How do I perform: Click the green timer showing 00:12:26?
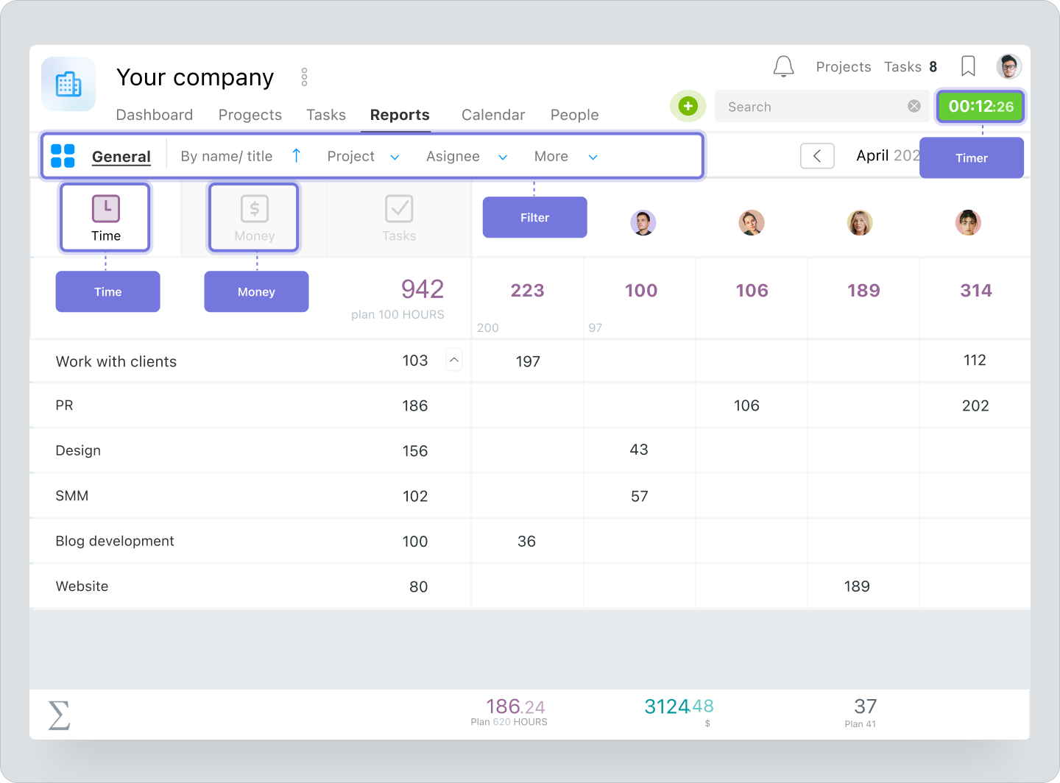click(x=980, y=107)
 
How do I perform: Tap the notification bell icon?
click(x=783, y=67)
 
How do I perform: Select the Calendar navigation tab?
click(x=492, y=115)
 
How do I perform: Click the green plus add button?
click(x=688, y=106)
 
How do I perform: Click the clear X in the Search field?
click(x=914, y=106)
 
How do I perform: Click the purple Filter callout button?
click(x=534, y=218)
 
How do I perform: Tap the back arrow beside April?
click(x=817, y=156)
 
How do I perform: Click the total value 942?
click(x=422, y=289)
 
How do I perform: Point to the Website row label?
click(x=82, y=587)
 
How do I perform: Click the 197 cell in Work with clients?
click(x=528, y=361)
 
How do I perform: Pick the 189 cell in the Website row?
click(x=856, y=587)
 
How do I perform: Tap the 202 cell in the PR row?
click(x=975, y=405)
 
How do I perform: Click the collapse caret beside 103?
click(x=454, y=360)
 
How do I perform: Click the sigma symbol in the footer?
click(x=59, y=715)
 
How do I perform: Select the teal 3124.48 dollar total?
click(x=678, y=707)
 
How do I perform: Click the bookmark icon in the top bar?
click(x=968, y=67)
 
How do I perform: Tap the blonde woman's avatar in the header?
click(x=860, y=222)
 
